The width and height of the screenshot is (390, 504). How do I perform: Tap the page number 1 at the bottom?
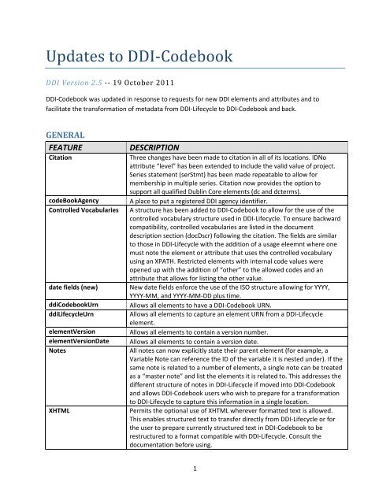click(194, 489)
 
